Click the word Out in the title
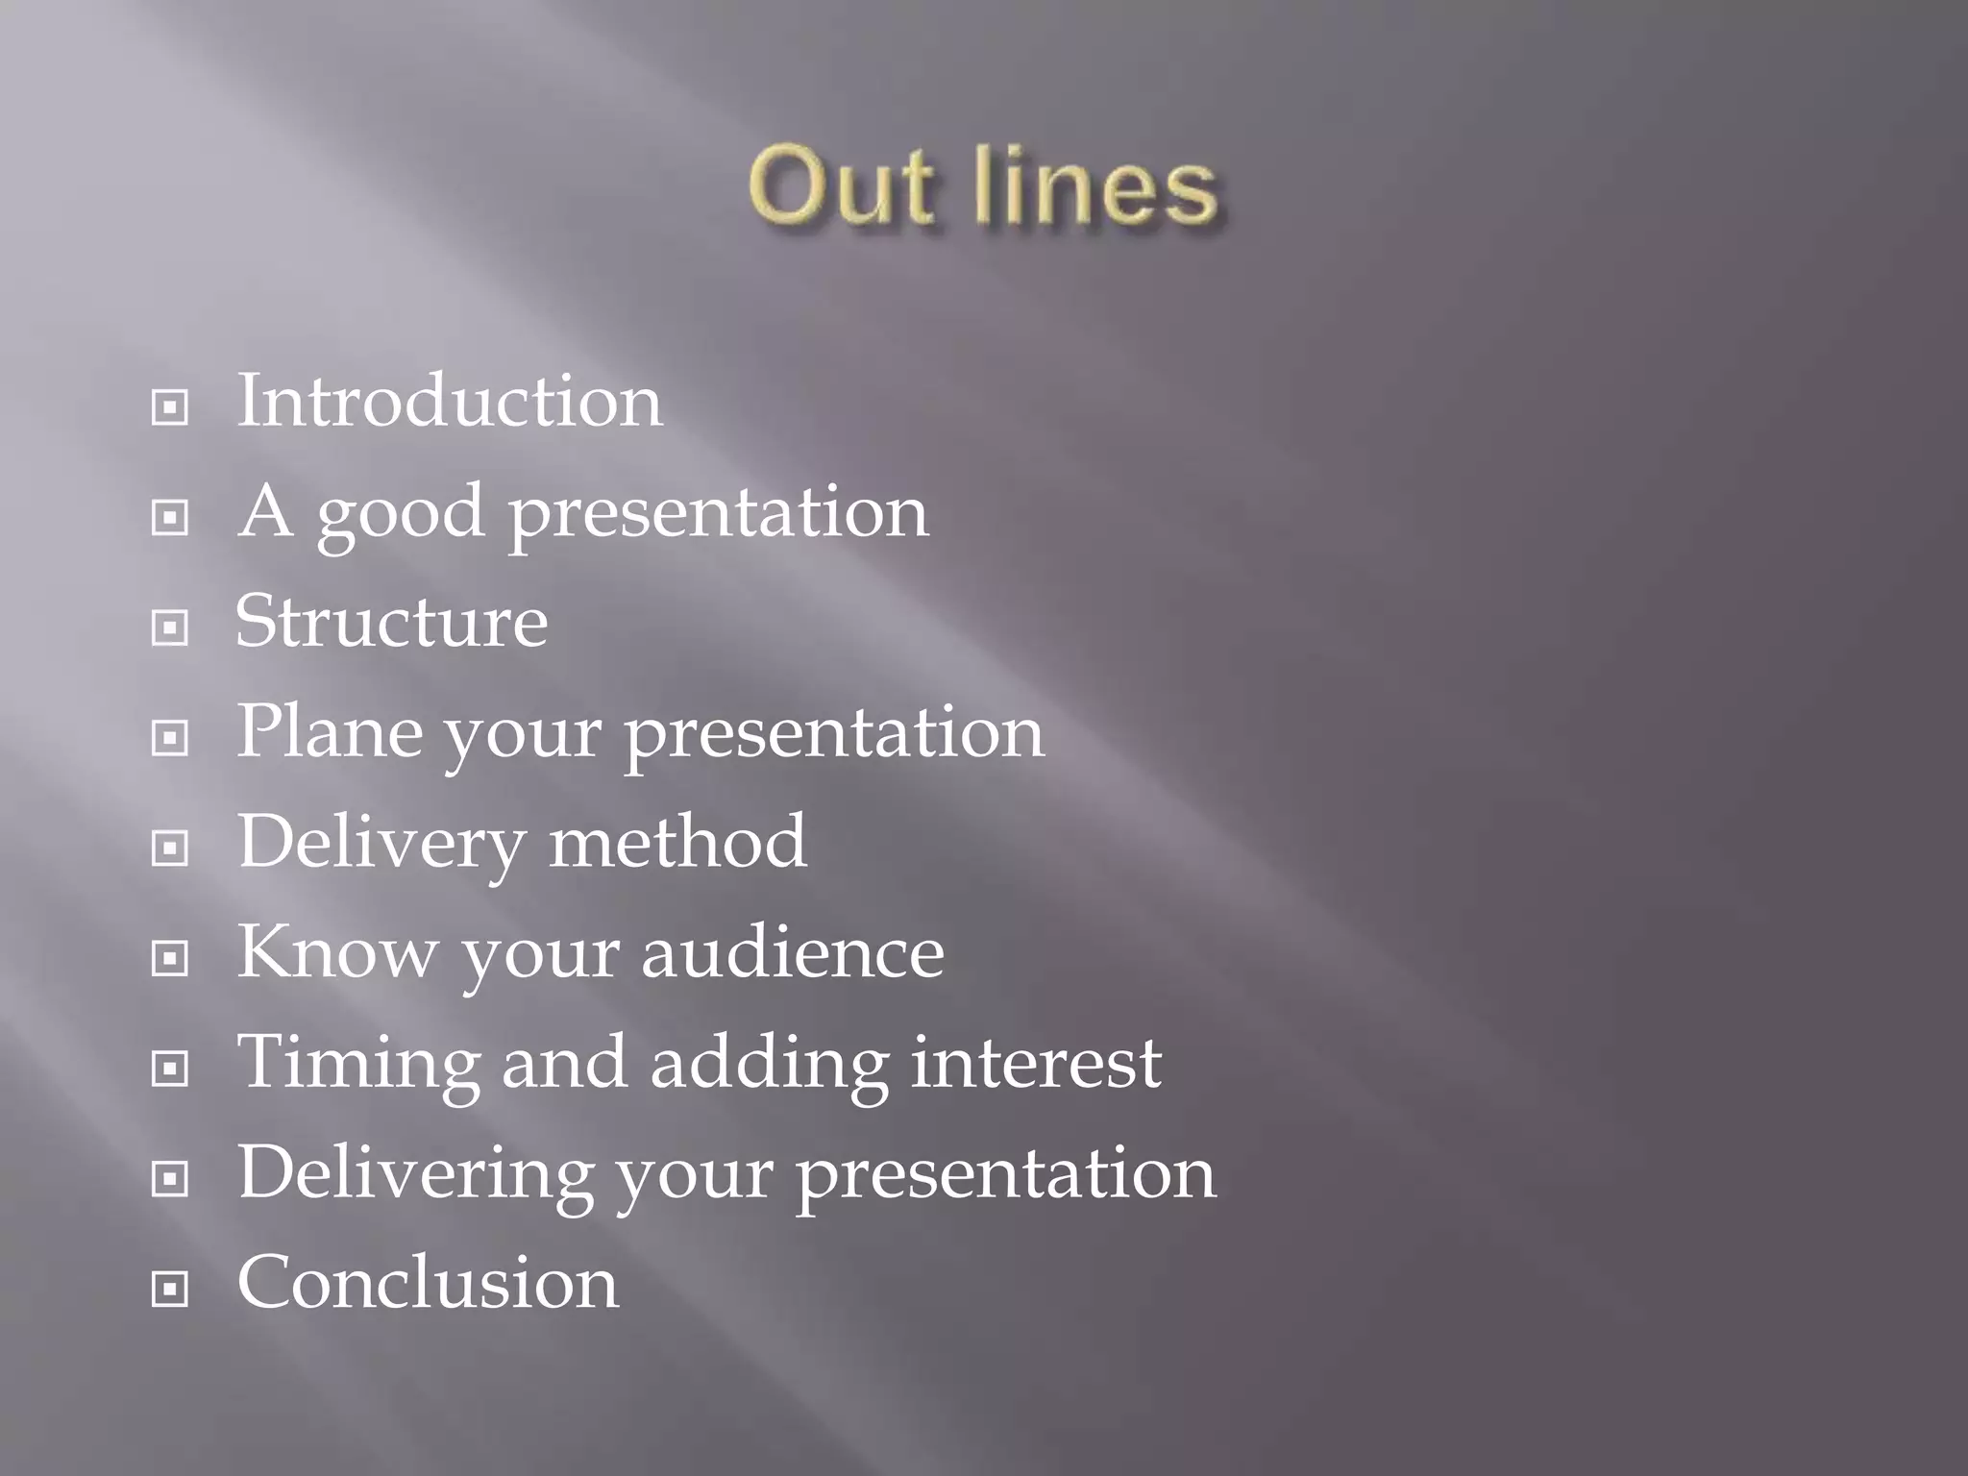840,187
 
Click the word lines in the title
1095,187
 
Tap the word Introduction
450,401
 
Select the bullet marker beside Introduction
170,407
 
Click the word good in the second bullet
400,513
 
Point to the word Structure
392,622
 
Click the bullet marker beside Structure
170,628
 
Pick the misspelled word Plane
329,731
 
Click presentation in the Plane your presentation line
834,734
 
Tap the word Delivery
381,844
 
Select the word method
677,842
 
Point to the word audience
793,952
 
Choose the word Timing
358,1064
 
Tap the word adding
769,1064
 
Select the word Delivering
415,1174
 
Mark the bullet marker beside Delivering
170,1179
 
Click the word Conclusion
429,1283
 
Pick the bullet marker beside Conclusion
170,1290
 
